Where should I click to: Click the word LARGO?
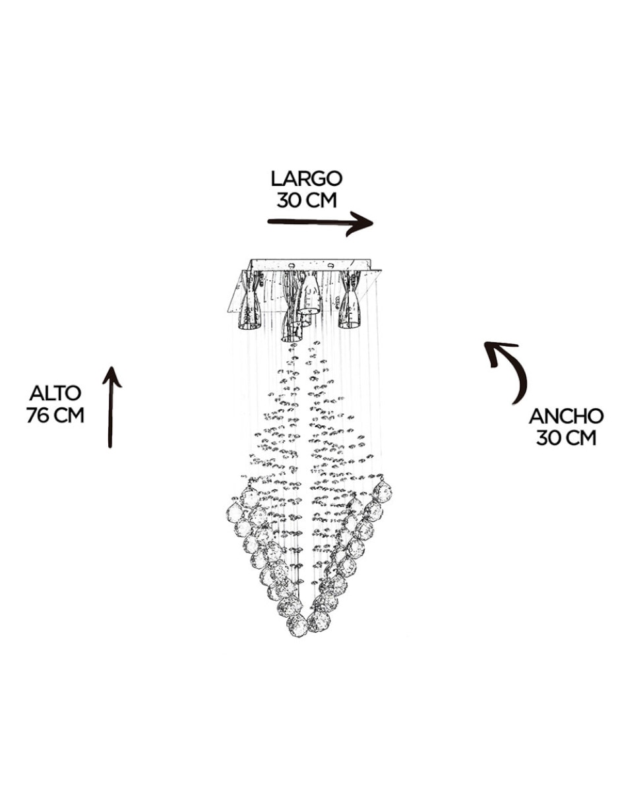pyautogui.click(x=306, y=179)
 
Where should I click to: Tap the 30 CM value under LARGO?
pyautogui.click(x=307, y=200)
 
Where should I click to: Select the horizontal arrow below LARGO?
pyautogui.click(x=320, y=223)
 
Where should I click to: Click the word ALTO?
pyautogui.click(x=55, y=394)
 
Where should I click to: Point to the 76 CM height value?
pyautogui.click(x=55, y=415)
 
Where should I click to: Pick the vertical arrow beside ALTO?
pyautogui.click(x=111, y=406)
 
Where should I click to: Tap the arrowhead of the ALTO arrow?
pyautogui.click(x=111, y=376)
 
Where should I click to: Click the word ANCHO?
pyautogui.click(x=566, y=416)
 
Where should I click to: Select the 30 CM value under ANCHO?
pyautogui.click(x=566, y=438)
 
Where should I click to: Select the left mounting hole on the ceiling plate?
pyautogui.click(x=292, y=264)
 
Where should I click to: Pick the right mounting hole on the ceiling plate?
pyautogui.click(x=330, y=264)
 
